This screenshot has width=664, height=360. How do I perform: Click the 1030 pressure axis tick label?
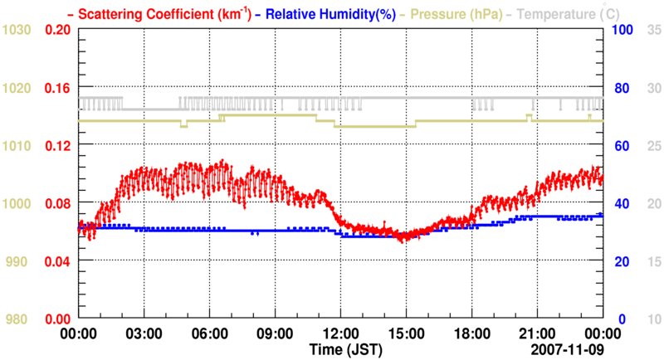click(x=16, y=29)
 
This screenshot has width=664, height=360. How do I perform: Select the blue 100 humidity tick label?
click(x=623, y=29)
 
